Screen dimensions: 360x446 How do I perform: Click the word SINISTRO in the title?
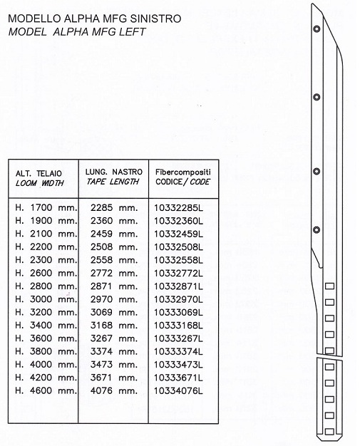[155, 19]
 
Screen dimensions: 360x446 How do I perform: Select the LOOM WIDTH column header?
[39, 183]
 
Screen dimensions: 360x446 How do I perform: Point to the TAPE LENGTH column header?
[113, 182]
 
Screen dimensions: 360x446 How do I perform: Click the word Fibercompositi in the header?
[183, 172]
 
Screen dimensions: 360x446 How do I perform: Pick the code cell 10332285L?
[179, 208]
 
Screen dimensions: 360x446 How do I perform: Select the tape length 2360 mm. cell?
[114, 221]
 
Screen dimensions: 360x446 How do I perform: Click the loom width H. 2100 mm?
[46, 234]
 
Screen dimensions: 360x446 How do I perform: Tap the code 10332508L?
[179, 247]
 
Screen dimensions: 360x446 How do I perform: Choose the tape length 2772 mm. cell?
[114, 273]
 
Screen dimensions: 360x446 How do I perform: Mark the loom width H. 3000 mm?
[46, 299]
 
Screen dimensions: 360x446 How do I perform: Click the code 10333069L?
[179, 312]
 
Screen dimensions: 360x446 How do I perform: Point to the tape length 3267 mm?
[114, 338]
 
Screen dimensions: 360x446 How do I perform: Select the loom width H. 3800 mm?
[46, 351]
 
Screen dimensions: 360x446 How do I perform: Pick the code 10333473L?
[179, 365]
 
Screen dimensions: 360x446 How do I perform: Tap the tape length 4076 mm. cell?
[114, 390]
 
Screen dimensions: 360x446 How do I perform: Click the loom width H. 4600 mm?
[46, 390]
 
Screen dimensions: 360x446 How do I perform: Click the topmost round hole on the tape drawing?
[317, 28]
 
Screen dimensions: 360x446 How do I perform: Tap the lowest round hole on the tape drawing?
[317, 229]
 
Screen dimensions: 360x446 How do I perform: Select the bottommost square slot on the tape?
[329, 432]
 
